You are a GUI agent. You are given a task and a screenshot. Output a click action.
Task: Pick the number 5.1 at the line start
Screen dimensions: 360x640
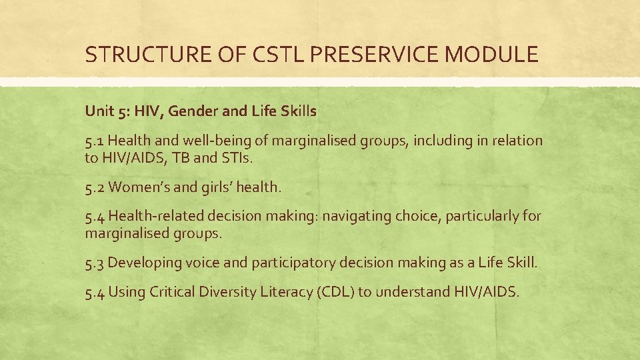95,141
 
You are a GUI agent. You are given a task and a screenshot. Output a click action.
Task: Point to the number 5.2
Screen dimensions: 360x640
95,187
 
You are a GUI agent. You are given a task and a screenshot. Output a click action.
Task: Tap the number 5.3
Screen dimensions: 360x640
95,263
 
